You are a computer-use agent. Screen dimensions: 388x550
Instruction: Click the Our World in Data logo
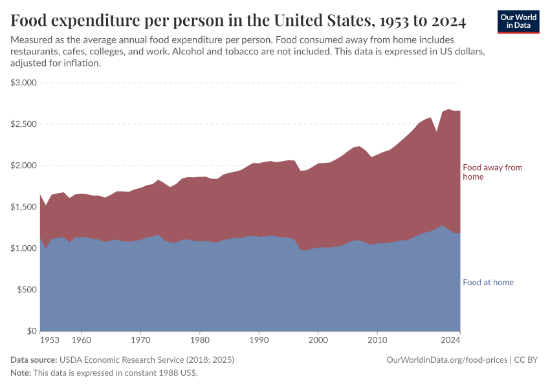[518, 21]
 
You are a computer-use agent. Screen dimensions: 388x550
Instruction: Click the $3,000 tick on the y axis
[24, 83]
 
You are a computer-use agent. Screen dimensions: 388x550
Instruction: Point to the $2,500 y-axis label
[24, 124]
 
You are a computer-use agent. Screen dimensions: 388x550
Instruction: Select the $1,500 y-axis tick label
[24, 207]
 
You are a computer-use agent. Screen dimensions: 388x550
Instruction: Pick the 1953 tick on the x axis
[50, 339]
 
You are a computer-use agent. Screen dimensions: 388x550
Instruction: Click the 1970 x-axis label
[140, 339]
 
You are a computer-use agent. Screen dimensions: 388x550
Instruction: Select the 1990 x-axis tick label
[259, 339]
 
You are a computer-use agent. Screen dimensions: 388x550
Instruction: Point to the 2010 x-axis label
[377, 339]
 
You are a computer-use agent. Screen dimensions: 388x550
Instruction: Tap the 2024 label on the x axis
[450, 339]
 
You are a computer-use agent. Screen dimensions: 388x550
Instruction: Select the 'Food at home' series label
[488, 283]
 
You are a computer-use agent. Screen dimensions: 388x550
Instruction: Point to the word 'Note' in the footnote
[20, 373]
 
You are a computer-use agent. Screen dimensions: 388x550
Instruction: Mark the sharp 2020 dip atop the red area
[437, 132]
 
